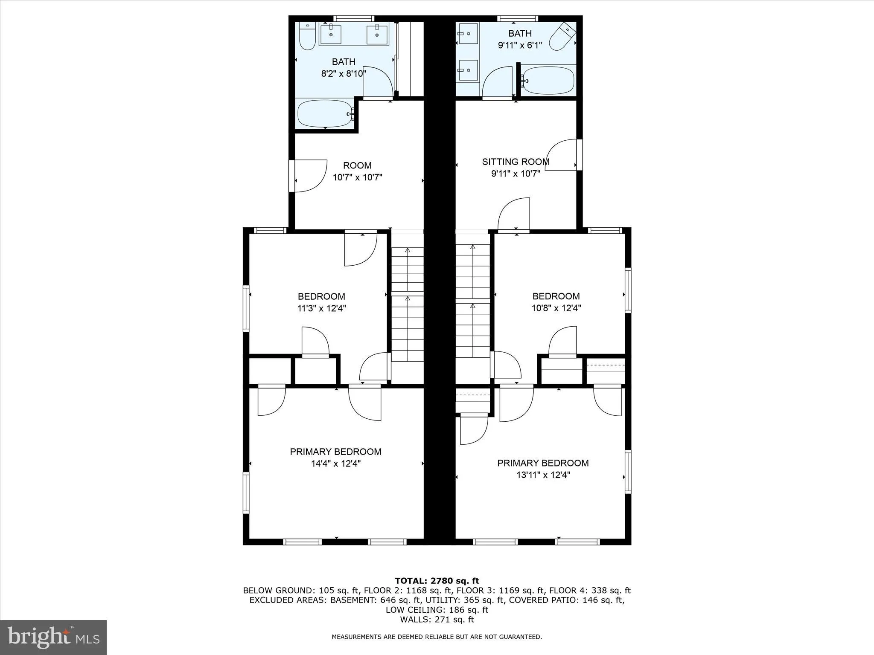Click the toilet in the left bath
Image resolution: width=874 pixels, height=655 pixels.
[307, 37]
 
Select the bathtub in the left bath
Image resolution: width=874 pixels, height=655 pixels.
[325, 113]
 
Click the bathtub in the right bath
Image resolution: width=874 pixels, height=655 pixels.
[548, 80]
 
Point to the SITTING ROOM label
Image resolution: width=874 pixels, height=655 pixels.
[516, 162]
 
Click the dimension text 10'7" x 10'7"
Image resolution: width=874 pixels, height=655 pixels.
[357, 177]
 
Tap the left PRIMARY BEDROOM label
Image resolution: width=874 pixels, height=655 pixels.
[335, 452]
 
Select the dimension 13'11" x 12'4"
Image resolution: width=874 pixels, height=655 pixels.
[543, 475]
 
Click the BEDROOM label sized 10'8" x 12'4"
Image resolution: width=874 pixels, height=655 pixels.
[556, 296]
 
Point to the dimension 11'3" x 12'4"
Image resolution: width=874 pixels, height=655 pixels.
[321, 308]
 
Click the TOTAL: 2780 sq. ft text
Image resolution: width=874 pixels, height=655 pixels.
[437, 581]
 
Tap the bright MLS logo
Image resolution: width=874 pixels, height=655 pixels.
[53, 637]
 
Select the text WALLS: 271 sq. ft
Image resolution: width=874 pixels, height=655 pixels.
[437, 620]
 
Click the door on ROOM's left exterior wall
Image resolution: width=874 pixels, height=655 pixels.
[308, 176]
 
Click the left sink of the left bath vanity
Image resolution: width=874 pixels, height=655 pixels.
[331, 35]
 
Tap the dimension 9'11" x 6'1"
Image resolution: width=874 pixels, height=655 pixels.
[520, 45]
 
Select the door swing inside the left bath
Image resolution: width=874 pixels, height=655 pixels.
[377, 82]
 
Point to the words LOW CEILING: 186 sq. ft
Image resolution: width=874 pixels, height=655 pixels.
[437, 610]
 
